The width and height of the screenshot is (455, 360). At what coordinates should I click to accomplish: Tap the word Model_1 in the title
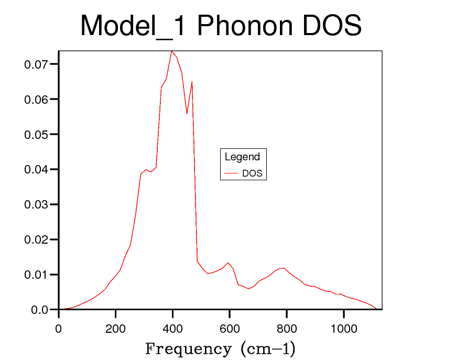[133, 26]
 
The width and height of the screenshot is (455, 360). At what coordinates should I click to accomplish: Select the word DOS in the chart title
[331, 26]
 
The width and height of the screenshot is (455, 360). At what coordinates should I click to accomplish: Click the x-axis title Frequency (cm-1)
[220, 348]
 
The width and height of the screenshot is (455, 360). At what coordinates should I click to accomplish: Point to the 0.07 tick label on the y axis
[36, 64]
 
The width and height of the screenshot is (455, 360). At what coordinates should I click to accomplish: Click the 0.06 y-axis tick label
[36, 100]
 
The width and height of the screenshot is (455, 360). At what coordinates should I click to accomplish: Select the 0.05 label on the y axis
[36, 135]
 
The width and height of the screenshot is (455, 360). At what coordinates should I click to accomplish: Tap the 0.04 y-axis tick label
[36, 170]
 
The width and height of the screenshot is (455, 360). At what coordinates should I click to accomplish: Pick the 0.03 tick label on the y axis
[36, 204]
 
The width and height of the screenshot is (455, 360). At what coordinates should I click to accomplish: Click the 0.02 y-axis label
[36, 239]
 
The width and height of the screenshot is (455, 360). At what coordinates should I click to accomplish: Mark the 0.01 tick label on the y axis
[36, 275]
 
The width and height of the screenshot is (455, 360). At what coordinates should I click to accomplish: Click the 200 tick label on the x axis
[115, 329]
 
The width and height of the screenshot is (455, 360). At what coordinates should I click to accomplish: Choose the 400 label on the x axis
[172, 329]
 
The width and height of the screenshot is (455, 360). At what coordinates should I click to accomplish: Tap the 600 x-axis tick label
[230, 329]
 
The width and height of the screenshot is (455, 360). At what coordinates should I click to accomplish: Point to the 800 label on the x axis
[287, 329]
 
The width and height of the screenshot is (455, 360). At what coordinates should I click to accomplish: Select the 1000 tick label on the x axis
[343, 329]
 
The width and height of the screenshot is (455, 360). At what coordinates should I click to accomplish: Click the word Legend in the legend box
[242, 157]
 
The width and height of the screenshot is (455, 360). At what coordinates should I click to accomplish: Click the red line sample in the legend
[231, 173]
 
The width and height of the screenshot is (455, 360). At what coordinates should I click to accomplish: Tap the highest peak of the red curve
[171, 51]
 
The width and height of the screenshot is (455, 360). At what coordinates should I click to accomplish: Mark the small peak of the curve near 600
[227, 263]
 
